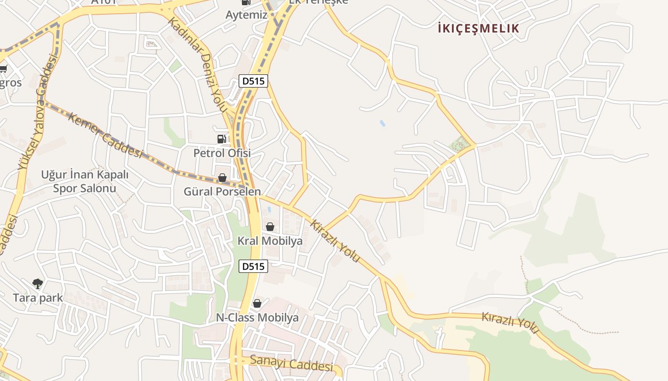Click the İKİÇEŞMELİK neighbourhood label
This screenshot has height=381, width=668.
[478, 29]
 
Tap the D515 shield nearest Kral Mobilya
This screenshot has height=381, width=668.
[253, 266]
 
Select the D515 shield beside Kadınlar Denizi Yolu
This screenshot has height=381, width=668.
[253, 81]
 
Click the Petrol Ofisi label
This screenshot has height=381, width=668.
[222, 153]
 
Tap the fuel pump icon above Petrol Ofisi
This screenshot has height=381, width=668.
[221, 139]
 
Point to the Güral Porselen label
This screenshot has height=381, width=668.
[222, 191]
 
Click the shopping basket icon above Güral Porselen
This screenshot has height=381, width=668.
[222, 178]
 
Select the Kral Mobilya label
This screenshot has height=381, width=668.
[270, 241]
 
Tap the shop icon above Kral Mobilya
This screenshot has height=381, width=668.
[270, 227]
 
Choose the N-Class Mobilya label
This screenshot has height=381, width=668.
[258, 318]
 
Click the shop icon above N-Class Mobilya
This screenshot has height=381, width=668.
[257, 303]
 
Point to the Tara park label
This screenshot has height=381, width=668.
[38, 298]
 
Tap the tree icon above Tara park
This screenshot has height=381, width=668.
[38, 284]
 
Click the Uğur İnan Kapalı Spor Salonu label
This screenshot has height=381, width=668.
[85, 181]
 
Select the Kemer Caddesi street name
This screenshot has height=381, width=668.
[105, 135]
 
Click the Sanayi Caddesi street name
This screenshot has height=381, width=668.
[291, 363]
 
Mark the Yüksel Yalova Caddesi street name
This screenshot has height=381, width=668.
[38, 112]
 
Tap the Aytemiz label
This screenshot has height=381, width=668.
[246, 15]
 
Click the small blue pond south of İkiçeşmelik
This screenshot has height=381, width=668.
[382, 123]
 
